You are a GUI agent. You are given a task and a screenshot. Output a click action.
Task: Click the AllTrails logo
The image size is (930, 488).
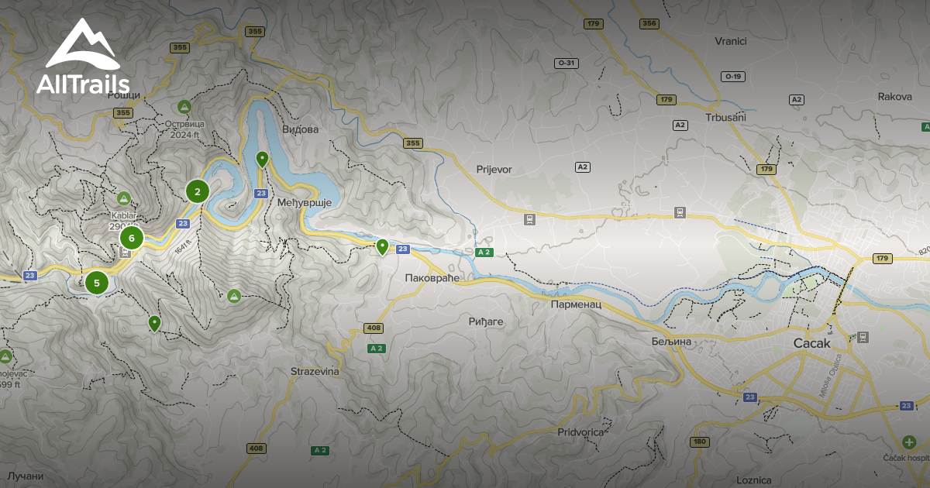(x=83, y=58)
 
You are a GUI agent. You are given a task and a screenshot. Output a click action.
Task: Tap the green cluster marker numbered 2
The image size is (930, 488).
(x=198, y=191)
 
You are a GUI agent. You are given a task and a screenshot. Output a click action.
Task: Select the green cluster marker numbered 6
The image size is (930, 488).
(x=132, y=238)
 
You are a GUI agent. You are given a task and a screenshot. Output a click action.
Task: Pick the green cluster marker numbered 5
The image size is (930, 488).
(x=97, y=283)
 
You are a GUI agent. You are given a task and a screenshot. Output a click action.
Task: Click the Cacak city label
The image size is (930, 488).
(x=811, y=342)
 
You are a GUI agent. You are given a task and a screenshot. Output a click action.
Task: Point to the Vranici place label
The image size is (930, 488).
(x=730, y=41)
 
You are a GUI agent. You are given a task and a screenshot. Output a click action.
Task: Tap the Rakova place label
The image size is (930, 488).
(x=894, y=97)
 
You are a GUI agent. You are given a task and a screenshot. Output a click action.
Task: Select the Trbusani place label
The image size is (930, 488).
(x=725, y=118)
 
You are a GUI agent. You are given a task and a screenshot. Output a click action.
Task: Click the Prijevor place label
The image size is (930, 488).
(x=494, y=169)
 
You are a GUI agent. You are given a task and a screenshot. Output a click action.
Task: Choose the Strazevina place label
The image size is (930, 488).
(x=315, y=372)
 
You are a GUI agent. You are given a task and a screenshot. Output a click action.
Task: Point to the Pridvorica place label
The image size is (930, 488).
(x=580, y=432)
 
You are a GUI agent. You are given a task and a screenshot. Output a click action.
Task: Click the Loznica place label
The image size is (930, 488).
(x=753, y=480)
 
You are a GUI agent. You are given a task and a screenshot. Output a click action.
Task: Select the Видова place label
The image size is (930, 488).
(x=300, y=129)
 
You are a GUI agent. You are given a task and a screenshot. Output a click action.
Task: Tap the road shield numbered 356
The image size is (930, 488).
(x=649, y=24)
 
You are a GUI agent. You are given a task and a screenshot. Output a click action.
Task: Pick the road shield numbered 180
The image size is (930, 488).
(x=699, y=442)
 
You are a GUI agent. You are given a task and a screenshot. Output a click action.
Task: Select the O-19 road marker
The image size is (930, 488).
(x=732, y=76)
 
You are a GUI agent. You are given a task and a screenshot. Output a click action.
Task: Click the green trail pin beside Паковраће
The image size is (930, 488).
(x=382, y=247)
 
